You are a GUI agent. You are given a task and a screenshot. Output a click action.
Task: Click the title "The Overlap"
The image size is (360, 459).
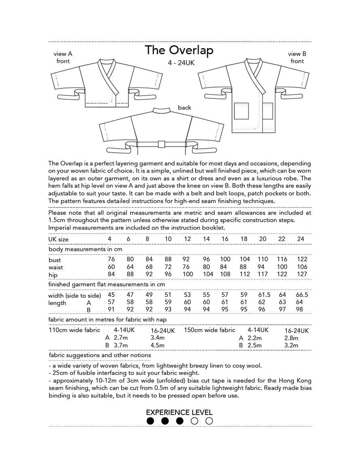179,50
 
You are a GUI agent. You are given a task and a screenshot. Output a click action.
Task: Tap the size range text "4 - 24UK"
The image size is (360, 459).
179,63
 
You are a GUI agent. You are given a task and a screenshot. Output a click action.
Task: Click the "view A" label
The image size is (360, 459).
63,54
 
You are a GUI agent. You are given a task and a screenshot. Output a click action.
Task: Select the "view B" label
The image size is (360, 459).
297,54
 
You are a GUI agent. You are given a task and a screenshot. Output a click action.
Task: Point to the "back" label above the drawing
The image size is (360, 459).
184,108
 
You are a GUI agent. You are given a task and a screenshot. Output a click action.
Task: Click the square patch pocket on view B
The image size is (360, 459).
241,111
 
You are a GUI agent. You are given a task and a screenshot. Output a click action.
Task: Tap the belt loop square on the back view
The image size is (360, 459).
159,144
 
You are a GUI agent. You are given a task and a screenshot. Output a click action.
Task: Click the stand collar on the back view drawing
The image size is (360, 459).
159,110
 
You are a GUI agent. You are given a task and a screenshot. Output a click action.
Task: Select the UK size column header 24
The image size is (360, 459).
301,239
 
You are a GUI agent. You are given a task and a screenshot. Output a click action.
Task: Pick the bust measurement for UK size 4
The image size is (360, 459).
111,259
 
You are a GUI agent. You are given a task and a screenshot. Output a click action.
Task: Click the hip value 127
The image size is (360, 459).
301,274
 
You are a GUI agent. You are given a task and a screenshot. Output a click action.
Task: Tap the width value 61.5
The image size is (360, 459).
263,295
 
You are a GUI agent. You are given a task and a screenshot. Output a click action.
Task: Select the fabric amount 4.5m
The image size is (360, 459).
157,346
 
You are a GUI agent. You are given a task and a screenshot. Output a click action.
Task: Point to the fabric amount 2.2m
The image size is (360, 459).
254,338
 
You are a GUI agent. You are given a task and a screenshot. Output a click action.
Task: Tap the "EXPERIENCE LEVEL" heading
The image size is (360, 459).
180,412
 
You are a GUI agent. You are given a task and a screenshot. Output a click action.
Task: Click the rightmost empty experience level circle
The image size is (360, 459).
209,421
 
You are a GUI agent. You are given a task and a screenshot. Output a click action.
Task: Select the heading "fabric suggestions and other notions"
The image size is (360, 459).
100,355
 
